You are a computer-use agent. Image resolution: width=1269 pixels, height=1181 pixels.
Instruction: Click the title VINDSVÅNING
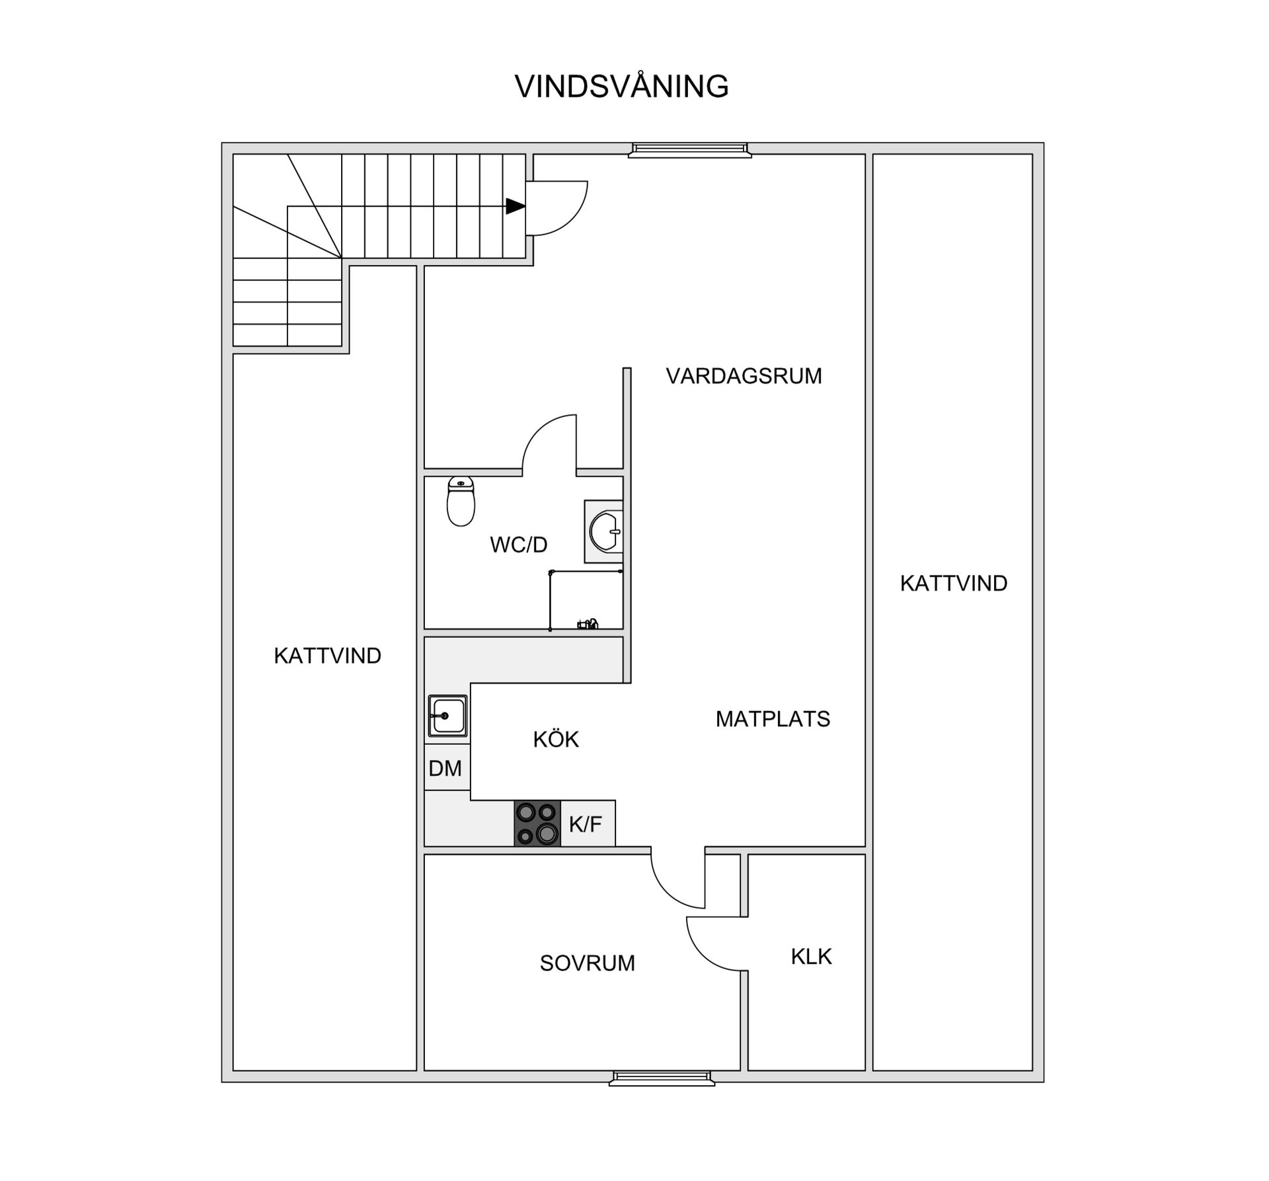(621, 87)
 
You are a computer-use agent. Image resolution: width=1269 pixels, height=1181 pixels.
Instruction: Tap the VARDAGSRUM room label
(744, 376)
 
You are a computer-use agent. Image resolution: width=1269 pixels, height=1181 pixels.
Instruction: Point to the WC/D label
(519, 545)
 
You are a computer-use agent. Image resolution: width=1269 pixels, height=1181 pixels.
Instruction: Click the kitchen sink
(447, 716)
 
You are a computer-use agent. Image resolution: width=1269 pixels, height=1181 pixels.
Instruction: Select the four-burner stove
(537, 823)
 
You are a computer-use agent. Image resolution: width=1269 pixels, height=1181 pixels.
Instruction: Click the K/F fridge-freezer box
(587, 823)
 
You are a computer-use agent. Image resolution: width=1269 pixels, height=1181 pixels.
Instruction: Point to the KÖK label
(556, 739)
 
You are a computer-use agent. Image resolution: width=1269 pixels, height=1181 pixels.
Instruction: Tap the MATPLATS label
(773, 719)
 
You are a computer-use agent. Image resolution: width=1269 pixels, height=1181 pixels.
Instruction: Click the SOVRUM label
(587, 963)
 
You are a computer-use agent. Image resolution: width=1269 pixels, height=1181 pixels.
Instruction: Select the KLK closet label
(811, 956)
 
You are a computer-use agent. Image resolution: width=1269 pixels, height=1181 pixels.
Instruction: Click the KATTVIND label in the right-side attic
(953, 583)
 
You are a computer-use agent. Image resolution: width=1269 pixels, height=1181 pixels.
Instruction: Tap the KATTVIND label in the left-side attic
(327, 656)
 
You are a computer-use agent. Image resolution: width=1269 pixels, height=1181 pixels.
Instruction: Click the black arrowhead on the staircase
(515, 206)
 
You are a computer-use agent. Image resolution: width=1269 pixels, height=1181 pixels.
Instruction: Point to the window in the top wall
(689, 150)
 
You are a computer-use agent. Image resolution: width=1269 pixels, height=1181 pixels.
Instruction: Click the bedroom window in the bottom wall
(662, 1079)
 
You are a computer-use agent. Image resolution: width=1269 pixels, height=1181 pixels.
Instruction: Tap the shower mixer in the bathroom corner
(588, 623)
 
